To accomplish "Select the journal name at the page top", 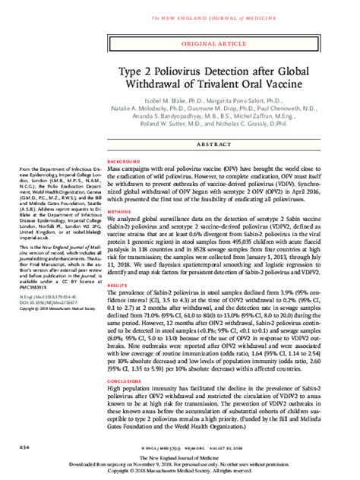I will point(179,5).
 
